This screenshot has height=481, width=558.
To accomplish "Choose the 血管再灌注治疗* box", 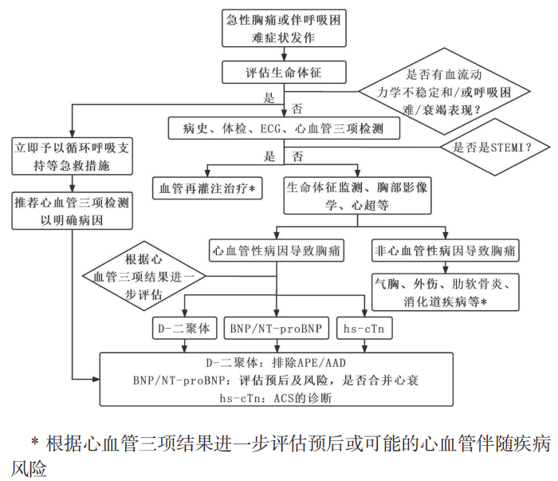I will [x=206, y=188].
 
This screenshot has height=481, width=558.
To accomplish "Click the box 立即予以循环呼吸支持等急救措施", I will [x=72, y=157].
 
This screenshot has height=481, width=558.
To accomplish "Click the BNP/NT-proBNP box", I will [x=276, y=328].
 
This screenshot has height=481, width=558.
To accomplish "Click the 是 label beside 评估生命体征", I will [x=268, y=99].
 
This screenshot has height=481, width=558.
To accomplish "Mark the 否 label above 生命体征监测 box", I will [x=298, y=156].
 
